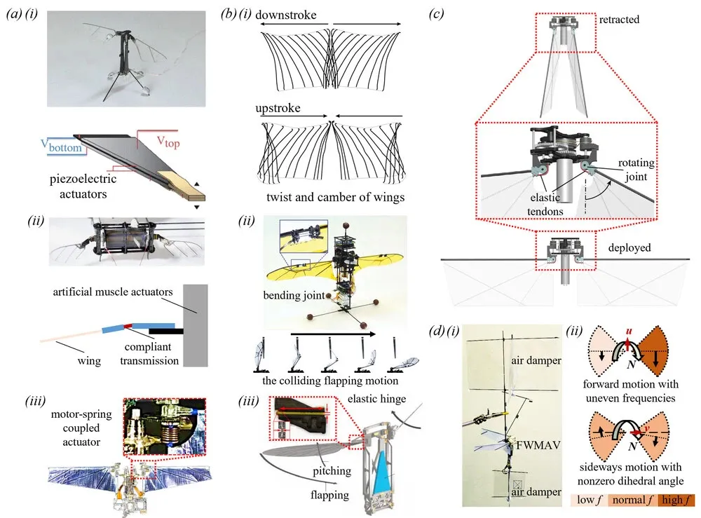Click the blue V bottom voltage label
point(61,146)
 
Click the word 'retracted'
point(619,19)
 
